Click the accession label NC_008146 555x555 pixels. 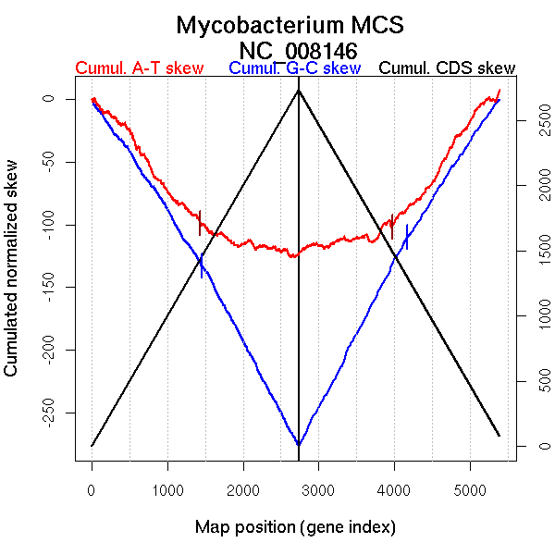coord(298,50)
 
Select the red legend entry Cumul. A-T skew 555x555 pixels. coord(140,69)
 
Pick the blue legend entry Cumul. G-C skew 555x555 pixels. coord(294,69)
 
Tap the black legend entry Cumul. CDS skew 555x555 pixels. coord(448,69)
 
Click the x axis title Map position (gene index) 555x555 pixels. coord(295,528)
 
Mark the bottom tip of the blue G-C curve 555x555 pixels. coord(298,445)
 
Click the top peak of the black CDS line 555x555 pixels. coord(298,91)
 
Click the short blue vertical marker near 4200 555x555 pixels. coord(406,238)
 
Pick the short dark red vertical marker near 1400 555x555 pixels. coord(199,224)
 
